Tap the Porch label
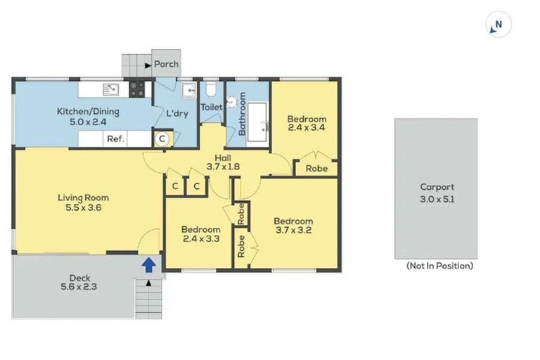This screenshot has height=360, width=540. click(166, 64)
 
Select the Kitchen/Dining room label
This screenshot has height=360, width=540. click(88, 111)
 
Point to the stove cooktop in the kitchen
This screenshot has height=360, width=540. click(137, 89)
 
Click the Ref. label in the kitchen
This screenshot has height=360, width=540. click(115, 139)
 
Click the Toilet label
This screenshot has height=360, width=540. click(212, 107)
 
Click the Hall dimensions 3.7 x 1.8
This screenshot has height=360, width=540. click(224, 167)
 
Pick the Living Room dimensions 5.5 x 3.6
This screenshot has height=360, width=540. click(83, 208)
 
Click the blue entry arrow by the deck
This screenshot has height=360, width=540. click(148, 264)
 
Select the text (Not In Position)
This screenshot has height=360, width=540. click(439, 266)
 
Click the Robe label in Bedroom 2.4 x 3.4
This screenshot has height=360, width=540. click(316, 169)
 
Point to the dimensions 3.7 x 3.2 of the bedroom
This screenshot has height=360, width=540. click(293, 229)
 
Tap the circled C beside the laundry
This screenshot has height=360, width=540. click(161, 139)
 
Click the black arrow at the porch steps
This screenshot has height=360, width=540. click(147, 65)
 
